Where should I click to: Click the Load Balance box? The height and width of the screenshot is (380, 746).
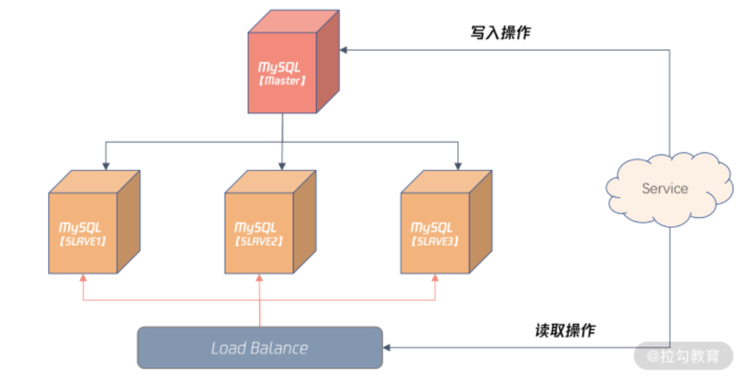259,347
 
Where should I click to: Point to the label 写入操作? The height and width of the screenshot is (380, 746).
501,32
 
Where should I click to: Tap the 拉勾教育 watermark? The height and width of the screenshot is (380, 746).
683,356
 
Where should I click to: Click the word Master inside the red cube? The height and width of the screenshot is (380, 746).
282,81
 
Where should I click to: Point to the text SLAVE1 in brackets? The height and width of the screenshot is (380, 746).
83,241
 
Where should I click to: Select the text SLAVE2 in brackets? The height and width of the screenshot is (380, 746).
259,241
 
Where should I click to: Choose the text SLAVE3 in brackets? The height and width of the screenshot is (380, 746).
435,241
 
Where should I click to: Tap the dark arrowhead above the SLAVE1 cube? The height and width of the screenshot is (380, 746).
106,166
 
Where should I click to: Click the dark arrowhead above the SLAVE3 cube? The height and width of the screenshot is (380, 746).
458,166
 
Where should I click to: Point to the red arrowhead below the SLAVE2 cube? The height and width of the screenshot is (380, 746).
259,278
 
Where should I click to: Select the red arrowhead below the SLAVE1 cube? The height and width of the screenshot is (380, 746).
83,278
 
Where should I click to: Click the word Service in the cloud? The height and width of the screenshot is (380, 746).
665,189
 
